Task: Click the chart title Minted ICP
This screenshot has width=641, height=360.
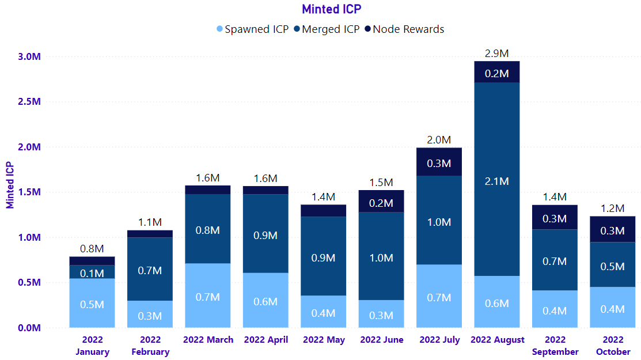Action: [x=331, y=9]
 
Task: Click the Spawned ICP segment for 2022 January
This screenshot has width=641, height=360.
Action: [x=92, y=303]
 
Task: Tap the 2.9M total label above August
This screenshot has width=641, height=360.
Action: [x=496, y=54]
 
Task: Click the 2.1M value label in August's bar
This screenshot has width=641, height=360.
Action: [x=496, y=181]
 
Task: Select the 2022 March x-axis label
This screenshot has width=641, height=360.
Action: [x=208, y=340]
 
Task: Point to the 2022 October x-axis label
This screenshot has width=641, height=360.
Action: [x=613, y=346]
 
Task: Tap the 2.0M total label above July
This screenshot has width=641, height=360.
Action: [x=439, y=140]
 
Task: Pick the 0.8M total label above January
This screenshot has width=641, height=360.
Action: [x=92, y=249]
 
